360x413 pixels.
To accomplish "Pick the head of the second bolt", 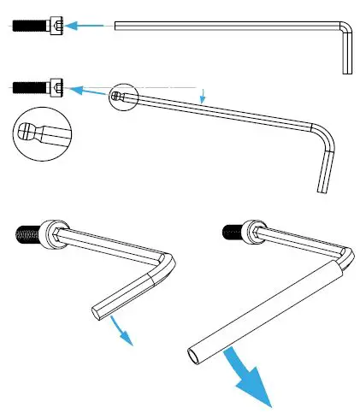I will [56, 86].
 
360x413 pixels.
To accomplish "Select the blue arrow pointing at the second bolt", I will [86, 90].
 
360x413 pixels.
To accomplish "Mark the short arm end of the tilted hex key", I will [322, 189].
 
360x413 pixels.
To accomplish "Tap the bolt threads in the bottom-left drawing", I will [27, 233].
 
